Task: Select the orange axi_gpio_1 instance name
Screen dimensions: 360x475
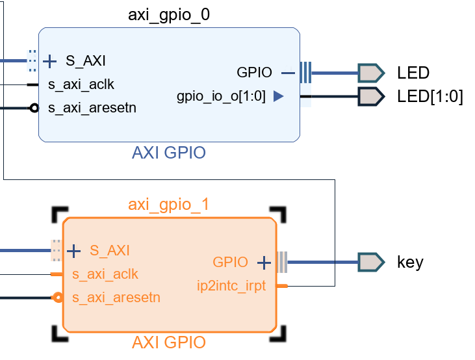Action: pos(169,205)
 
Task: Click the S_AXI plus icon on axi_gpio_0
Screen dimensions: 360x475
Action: pos(51,62)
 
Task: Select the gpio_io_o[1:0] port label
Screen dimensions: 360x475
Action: pos(221,97)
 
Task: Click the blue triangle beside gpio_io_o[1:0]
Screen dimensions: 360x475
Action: pos(278,97)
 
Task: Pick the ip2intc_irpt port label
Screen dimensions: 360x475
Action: pos(231,285)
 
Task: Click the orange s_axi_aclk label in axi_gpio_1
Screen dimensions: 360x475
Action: pos(105,274)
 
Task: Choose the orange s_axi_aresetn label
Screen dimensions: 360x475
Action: pos(116,298)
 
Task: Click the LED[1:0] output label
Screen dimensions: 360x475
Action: pos(430,97)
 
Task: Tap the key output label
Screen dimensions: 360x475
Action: pos(410,263)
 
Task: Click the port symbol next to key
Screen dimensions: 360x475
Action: pos(371,263)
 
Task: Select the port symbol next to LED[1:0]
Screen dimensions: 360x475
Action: pos(371,97)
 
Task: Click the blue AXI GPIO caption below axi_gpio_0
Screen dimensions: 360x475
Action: pos(169,153)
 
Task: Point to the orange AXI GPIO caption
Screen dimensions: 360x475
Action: pos(169,342)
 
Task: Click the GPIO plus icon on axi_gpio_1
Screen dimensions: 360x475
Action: pos(263,263)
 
